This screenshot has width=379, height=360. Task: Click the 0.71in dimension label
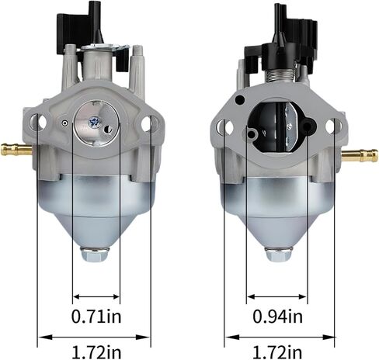(x=96, y=317)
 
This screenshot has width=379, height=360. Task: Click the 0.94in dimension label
(x=277, y=317)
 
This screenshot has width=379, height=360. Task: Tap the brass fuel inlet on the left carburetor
(x=16, y=149)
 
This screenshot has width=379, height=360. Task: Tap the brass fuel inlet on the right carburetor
(x=360, y=155)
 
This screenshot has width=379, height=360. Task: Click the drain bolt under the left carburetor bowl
(x=95, y=254)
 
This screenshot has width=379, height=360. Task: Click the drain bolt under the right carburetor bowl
(x=279, y=253)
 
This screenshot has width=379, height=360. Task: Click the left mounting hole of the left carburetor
(x=38, y=122)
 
